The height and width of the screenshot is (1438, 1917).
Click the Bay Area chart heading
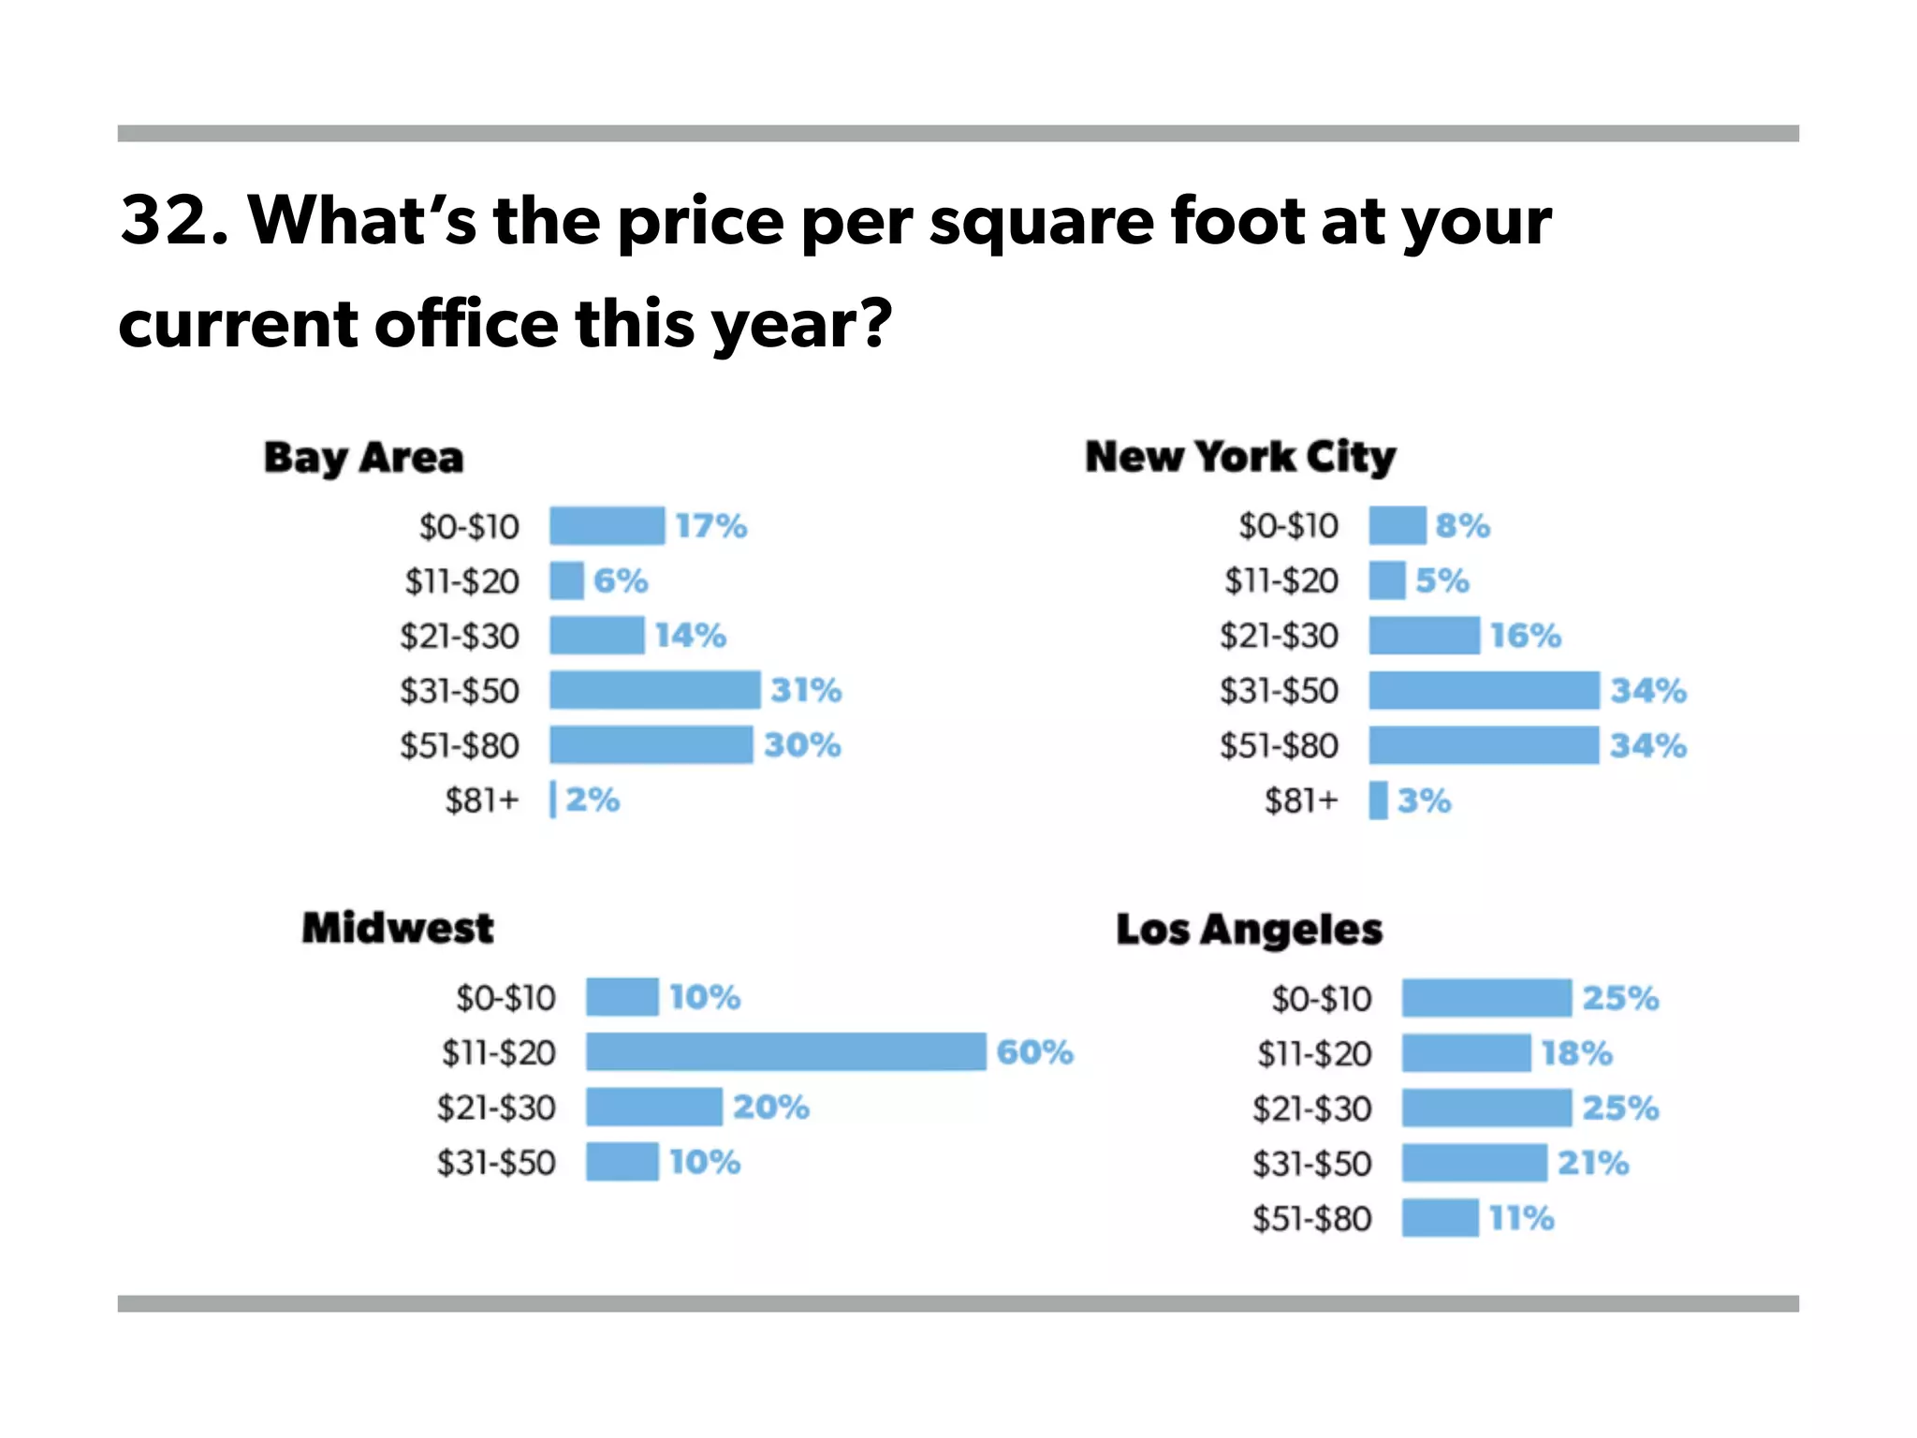pyautogui.click(x=363, y=458)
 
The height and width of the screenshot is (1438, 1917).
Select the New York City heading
pyautogui.click(x=1240, y=457)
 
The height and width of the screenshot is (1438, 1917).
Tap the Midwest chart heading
pyautogui.click(x=397, y=928)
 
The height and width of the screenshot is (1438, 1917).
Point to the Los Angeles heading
pyautogui.click(x=1249, y=930)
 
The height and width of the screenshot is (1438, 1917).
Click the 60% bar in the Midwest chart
pyautogui.click(x=785, y=1051)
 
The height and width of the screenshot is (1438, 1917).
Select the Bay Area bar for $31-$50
pyautogui.click(x=654, y=690)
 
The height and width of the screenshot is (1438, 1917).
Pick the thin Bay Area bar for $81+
pyautogui.click(x=552, y=800)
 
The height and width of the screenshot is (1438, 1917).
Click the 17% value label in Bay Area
pyautogui.click(x=711, y=526)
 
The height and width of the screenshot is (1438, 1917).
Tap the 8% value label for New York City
pyautogui.click(x=1462, y=526)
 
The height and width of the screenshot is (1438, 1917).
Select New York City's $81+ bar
pyautogui.click(x=1378, y=800)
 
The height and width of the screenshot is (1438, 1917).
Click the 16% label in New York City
pyautogui.click(x=1526, y=636)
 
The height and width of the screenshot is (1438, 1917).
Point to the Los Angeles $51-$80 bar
pyautogui.click(x=1440, y=1218)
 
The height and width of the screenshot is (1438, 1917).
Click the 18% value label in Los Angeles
pyautogui.click(x=1577, y=1053)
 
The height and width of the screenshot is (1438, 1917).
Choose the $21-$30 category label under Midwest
pyautogui.click(x=496, y=1108)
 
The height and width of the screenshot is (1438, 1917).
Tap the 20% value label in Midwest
pyautogui.click(x=770, y=1107)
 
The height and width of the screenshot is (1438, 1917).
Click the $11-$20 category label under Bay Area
pyautogui.click(x=461, y=581)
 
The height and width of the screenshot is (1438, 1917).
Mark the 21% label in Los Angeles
pyautogui.click(x=1592, y=1163)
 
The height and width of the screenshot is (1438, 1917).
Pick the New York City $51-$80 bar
pyautogui.click(x=1484, y=745)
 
